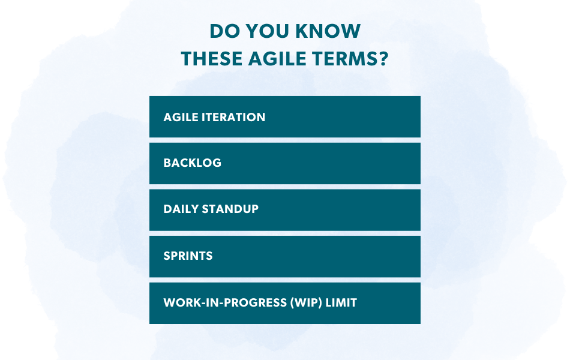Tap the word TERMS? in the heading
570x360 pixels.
353,59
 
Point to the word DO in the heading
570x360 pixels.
221,31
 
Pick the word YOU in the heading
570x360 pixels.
267,31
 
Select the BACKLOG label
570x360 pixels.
192,163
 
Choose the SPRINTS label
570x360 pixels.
188,256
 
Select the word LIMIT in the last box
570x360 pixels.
342,303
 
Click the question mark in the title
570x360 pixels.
384,59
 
